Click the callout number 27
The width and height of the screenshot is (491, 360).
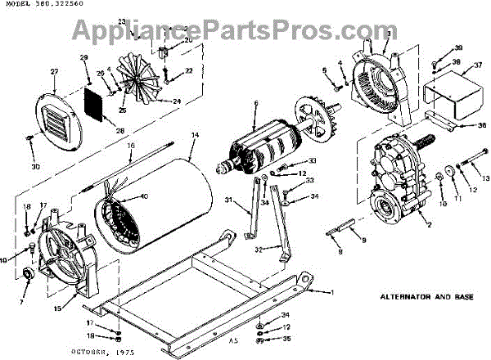pyautogui.click(x=54, y=72)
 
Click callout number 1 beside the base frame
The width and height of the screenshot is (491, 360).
pyautogui.click(x=332, y=292)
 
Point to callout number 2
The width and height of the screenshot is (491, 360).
pyautogui.click(x=427, y=223)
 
